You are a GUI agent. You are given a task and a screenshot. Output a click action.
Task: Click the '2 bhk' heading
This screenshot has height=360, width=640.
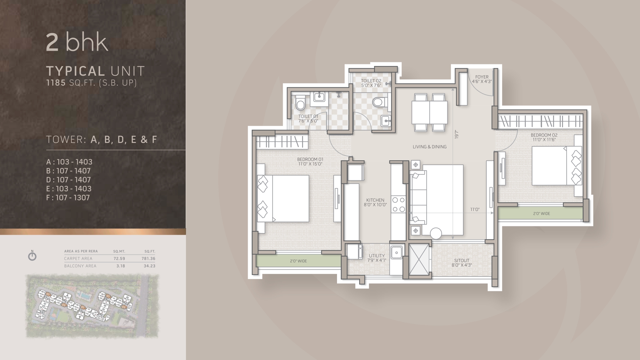pos(77,43)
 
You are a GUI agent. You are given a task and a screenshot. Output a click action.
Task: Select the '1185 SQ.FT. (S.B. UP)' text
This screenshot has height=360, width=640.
pos(91,83)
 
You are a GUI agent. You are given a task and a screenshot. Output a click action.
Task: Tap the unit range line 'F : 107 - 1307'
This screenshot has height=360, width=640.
pos(68,198)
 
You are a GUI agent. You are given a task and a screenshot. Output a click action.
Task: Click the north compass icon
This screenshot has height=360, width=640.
pos(32,256)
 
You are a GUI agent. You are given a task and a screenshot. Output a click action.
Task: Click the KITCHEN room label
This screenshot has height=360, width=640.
pos(375,201)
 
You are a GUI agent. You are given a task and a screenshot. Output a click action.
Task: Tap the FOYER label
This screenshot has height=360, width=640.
pos(482,77)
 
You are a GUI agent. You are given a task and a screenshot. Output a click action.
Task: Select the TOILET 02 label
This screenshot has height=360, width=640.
pos(371,81)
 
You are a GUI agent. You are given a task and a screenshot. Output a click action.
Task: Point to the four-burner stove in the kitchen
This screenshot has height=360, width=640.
pos(399,205)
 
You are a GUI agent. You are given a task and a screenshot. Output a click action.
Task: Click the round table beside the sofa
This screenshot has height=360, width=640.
pos(436,233)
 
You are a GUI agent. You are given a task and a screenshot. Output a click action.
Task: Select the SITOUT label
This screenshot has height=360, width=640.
pos(462,261)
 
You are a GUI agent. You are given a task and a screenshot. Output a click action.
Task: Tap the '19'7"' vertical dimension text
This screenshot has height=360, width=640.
pos(457,135)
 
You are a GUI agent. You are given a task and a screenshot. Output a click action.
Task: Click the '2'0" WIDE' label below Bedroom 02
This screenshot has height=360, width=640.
pos(541,214)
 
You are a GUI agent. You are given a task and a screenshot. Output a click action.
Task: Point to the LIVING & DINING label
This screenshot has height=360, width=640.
pos(429,147)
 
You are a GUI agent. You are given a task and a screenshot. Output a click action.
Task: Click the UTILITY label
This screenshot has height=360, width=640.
pos(377,256)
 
